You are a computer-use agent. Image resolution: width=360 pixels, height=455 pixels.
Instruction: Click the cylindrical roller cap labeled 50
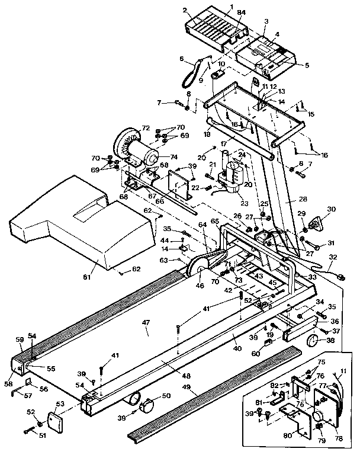click(146, 405)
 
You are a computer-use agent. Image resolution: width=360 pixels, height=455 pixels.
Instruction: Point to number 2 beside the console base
click(185, 10)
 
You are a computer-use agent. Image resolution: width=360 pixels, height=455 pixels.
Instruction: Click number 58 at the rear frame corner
click(8, 384)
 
